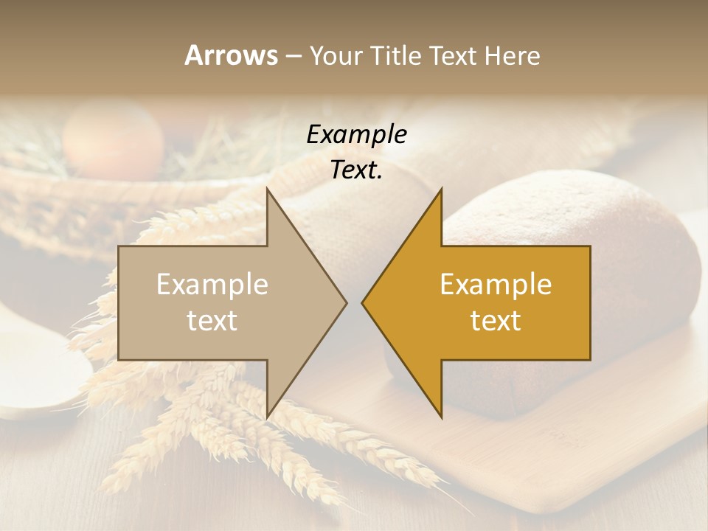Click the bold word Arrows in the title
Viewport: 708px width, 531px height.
(x=231, y=55)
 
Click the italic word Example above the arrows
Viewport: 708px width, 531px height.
(x=356, y=134)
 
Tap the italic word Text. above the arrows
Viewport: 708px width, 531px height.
(x=356, y=170)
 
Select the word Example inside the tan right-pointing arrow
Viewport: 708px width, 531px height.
(x=212, y=285)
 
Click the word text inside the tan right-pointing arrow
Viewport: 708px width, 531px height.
(x=212, y=321)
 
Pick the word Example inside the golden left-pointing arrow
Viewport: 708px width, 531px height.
(x=496, y=285)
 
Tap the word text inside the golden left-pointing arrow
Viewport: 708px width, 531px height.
(x=496, y=321)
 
